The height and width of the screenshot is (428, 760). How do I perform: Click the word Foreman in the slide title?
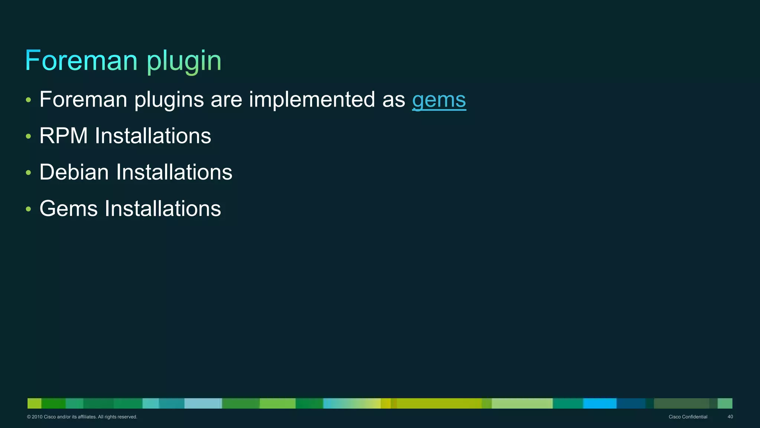tap(81, 60)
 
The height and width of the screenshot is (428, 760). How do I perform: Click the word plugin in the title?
tap(184, 61)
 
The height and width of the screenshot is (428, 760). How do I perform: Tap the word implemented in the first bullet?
tap(312, 100)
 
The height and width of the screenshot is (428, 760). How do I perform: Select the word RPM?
tap(63, 136)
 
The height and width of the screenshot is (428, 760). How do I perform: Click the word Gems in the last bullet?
tap(68, 208)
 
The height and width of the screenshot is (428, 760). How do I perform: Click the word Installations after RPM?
tap(153, 136)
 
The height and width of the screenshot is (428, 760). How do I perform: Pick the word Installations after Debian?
tap(174, 172)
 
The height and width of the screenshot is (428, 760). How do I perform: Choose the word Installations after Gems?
tap(163, 208)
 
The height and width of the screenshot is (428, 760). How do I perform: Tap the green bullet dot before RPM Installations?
tap(29, 137)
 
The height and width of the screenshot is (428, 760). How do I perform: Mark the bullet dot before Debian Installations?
tap(29, 173)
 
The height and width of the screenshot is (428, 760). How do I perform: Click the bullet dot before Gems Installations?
tap(29, 209)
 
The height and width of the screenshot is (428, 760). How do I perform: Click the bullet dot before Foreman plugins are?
tap(29, 100)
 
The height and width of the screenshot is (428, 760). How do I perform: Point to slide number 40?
tap(730, 417)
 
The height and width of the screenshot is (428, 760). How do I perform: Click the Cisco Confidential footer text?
tap(688, 417)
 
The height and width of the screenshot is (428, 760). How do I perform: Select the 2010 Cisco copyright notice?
tap(82, 417)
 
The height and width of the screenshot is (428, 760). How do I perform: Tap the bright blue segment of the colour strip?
tap(599, 403)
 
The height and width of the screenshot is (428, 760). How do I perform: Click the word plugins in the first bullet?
tap(169, 100)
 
